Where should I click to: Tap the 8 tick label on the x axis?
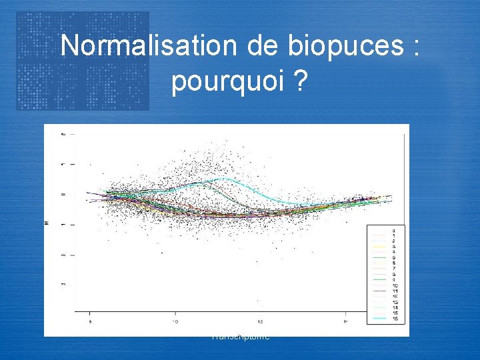coord(90,322)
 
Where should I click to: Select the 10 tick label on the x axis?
coord(175,322)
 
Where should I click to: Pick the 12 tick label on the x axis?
coord(260,322)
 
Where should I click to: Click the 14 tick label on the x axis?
coord(345,322)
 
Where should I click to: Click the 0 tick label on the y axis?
coord(63,194)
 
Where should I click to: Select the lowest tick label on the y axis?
coord(63,285)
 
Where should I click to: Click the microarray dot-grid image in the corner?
coord(83,61)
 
